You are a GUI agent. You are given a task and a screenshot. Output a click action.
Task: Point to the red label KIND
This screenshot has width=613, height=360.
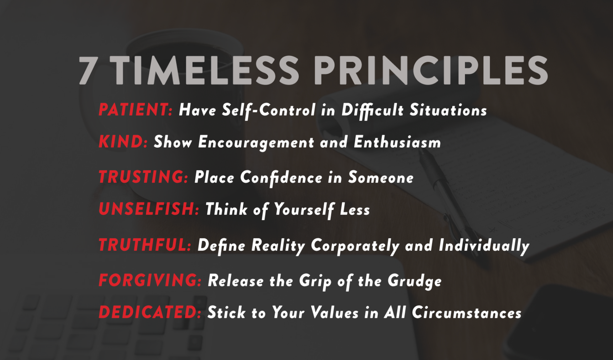[x=123, y=142]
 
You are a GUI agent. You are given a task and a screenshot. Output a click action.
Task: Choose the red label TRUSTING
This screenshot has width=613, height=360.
[x=143, y=177]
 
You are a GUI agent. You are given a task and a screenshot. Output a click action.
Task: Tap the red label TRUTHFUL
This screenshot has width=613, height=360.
[x=145, y=245]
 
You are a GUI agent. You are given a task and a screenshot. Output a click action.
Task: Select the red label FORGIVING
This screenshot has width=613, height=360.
[x=150, y=280]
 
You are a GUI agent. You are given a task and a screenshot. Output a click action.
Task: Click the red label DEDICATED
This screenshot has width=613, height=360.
[x=150, y=312]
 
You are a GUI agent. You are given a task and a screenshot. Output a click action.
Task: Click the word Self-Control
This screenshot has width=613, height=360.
[x=269, y=110]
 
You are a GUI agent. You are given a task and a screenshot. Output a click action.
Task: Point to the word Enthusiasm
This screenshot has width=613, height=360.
[x=397, y=142]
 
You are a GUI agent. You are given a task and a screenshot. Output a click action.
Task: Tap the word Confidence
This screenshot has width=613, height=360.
[x=281, y=178]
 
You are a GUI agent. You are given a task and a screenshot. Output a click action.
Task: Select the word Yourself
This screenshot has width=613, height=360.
[x=304, y=210]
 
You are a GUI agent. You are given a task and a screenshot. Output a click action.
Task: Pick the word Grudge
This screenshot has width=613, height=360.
[x=415, y=281]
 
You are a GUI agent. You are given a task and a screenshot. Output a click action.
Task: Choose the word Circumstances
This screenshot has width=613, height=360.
[x=467, y=313]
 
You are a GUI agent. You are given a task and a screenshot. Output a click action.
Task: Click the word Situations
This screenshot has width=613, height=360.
[x=448, y=110]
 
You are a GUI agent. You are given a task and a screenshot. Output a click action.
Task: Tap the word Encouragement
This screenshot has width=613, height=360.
[x=256, y=143]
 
